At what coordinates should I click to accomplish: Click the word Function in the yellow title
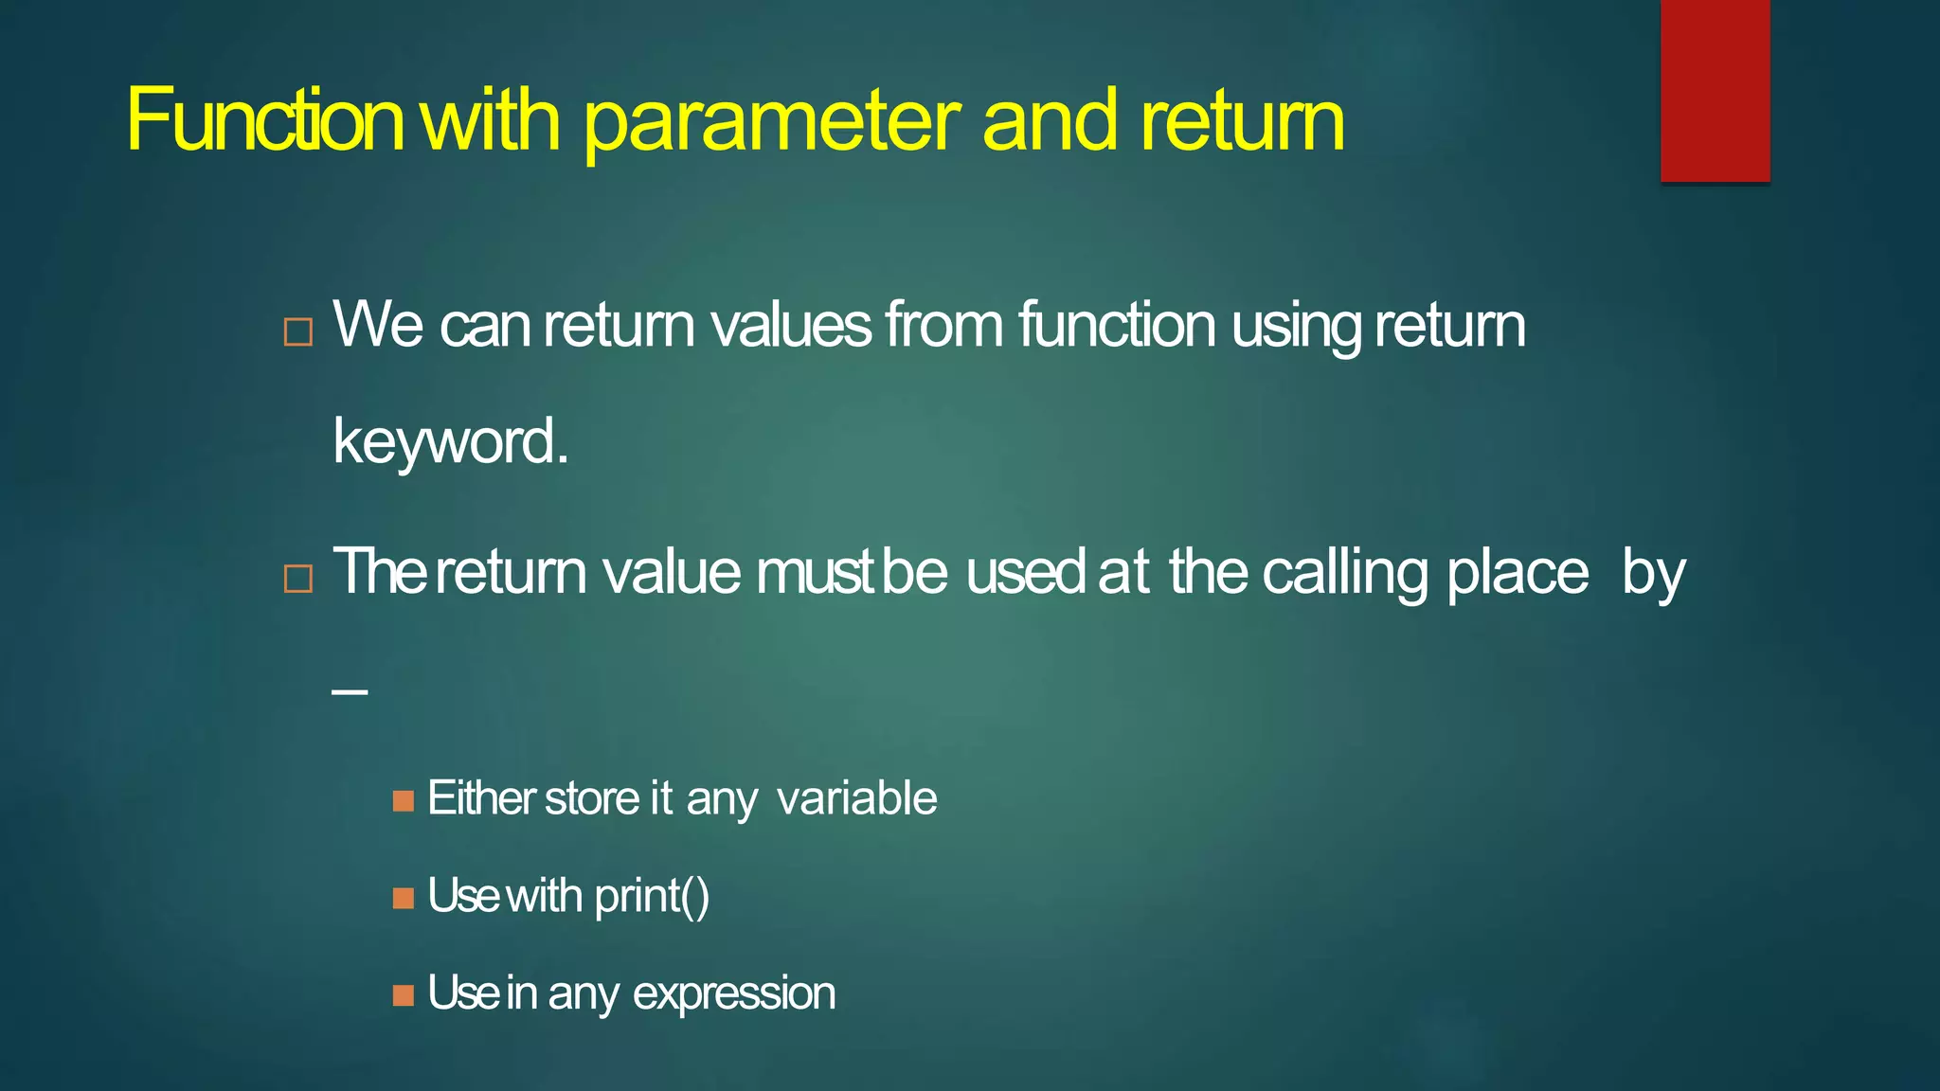coord(265,120)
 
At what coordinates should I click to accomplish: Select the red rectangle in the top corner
coord(1715,90)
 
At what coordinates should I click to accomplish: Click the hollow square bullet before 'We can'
coord(298,332)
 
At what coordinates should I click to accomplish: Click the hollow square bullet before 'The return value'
coord(298,578)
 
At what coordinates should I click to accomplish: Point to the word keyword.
coord(450,442)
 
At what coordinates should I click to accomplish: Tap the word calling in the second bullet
coord(1345,573)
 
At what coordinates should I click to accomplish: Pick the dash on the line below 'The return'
coord(350,692)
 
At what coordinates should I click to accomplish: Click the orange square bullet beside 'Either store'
coord(404,801)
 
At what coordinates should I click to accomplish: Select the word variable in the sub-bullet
coord(856,797)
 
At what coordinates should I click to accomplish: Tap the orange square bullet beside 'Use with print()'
coord(404,898)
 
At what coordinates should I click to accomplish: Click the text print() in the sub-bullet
coord(652,897)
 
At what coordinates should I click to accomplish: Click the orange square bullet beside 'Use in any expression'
coord(404,995)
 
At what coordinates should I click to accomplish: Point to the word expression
coord(734,994)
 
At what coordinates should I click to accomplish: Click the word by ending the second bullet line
coord(1653,574)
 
